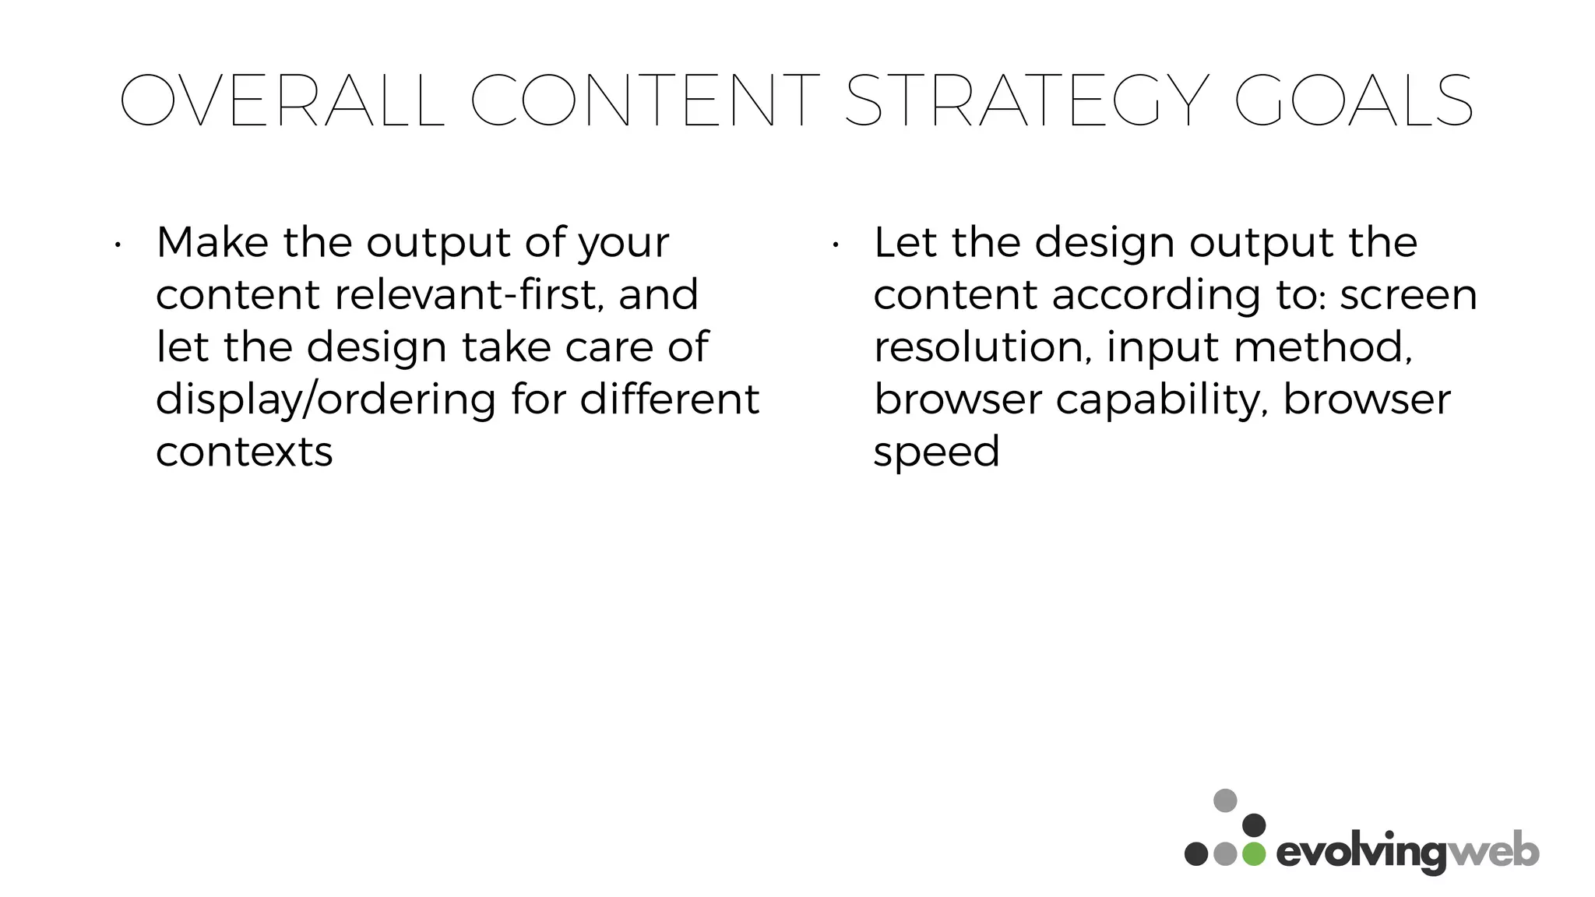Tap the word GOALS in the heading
[x=1354, y=101]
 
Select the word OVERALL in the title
[x=282, y=101]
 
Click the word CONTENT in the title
[x=645, y=101]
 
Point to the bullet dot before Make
[x=117, y=246]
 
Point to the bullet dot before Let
[x=834, y=246]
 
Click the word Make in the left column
[x=212, y=242]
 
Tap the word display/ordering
[x=326, y=400]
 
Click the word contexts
[x=244, y=452]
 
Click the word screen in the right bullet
[x=1408, y=296]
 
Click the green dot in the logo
[x=1254, y=853]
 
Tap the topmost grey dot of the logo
[x=1225, y=800]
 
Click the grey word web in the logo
[x=1493, y=852]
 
